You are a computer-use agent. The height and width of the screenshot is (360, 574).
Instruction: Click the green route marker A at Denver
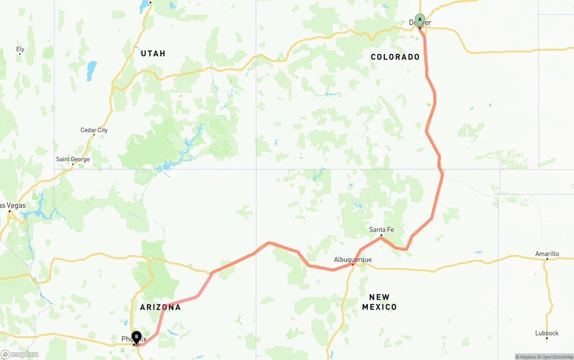click(x=420, y=20)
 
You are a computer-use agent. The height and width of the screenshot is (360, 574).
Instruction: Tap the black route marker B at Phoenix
click(x=136, y=337)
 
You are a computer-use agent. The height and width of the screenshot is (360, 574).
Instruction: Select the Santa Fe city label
click(x=381, y=230)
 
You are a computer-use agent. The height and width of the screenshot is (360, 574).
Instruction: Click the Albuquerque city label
click(x=352, y=260)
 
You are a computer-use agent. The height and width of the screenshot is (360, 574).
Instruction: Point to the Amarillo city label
click(x=547, y=254)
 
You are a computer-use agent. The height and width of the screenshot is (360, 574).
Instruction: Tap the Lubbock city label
click(x=547, y=333)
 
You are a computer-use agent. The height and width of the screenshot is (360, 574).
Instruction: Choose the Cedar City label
click(x=94, y=130)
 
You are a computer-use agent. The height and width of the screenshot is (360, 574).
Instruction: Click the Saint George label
click(x=73, y=159)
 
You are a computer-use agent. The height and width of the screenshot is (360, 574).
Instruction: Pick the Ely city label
click(x=20, y=49)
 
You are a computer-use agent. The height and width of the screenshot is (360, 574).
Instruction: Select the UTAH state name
click(x=153, y=53)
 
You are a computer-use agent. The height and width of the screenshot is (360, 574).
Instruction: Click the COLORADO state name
click(x=395, y=57)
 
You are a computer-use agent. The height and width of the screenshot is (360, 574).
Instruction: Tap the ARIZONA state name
click(x=160, y=307)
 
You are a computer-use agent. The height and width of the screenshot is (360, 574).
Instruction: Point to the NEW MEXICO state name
click(x=379, y=302)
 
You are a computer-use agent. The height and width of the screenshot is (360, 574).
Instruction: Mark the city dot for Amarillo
click(x=547, y=259)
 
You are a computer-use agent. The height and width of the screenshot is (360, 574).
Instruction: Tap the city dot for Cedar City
click(x=94, y=135)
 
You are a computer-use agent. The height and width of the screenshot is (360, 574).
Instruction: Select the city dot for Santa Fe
click(x=381, y=235)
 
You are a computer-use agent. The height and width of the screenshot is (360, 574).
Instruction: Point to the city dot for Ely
click(x=20, y=54)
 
